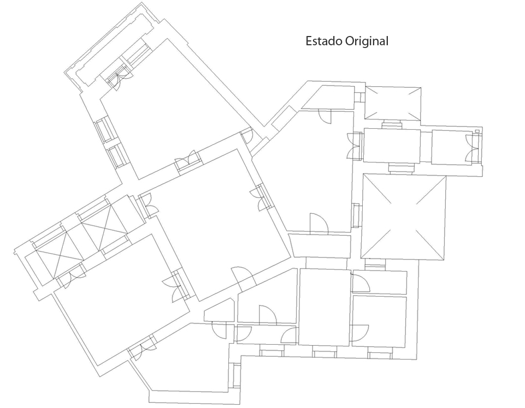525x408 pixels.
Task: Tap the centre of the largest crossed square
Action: pos(404,217)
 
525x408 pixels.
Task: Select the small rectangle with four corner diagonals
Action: pos(392,103)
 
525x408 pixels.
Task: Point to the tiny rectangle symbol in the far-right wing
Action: pos(477,131)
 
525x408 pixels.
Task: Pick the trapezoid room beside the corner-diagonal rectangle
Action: pos(328,97)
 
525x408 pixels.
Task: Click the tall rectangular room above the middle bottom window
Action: pos(325,307)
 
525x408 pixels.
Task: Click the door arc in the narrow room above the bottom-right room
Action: pos(361,283)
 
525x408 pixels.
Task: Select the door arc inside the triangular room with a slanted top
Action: pos(267,315)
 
